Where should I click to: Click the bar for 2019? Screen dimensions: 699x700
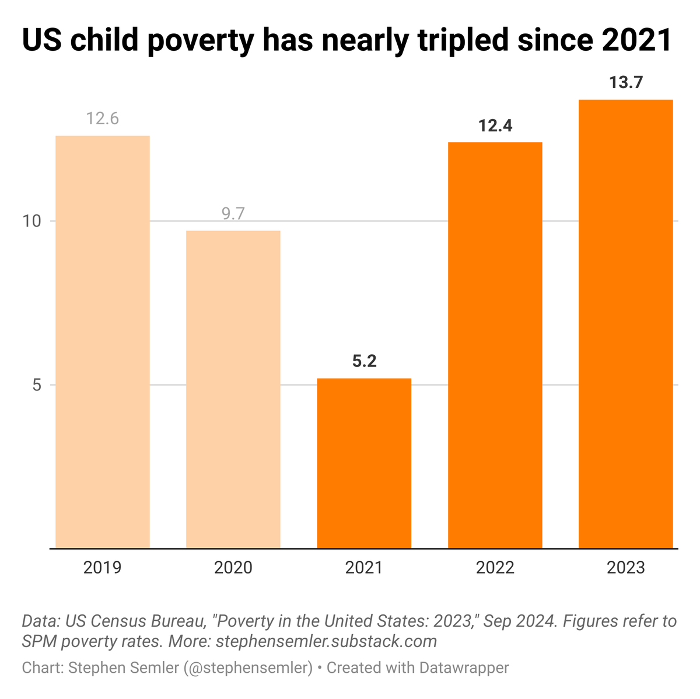103,342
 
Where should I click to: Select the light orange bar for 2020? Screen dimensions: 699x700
233,389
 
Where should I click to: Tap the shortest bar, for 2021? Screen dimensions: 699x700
364,463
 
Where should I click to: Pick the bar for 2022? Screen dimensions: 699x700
495,345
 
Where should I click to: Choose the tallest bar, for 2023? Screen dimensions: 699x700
625,324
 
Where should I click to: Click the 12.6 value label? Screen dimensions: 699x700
103,119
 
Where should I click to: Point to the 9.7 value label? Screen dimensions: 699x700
233,214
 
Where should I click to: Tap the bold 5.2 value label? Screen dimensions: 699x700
364,362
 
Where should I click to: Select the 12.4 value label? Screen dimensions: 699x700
495,125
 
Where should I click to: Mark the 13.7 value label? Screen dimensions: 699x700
625,83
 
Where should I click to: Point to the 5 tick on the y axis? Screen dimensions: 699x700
36,385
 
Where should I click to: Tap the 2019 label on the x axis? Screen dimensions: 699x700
103,568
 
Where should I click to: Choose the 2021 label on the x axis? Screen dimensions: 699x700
364,568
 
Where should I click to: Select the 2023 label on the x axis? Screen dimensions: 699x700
625,568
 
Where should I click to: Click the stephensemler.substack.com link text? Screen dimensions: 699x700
326,641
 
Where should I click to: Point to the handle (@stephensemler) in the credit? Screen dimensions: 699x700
248,667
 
